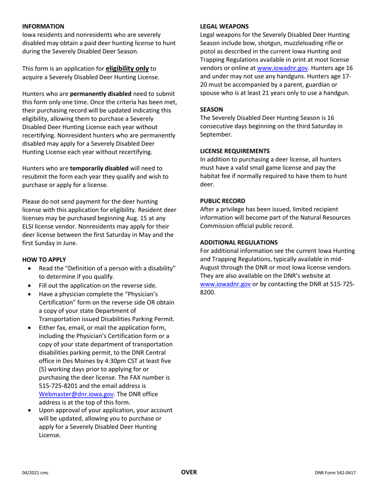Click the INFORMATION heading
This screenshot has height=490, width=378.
pos(43,26)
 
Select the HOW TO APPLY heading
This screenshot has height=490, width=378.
pos(44,259)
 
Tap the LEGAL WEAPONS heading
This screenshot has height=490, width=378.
pos(224,26)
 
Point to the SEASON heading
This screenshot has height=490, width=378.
pos(211,109)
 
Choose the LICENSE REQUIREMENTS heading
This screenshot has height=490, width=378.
pos(235,151)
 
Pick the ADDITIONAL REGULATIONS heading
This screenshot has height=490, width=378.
pos(239,242)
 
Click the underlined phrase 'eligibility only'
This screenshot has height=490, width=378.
pos(127,69)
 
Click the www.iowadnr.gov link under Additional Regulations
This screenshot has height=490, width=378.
pos(225,284)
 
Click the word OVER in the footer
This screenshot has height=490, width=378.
pos(189,472)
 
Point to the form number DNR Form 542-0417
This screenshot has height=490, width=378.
pos(335,473)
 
